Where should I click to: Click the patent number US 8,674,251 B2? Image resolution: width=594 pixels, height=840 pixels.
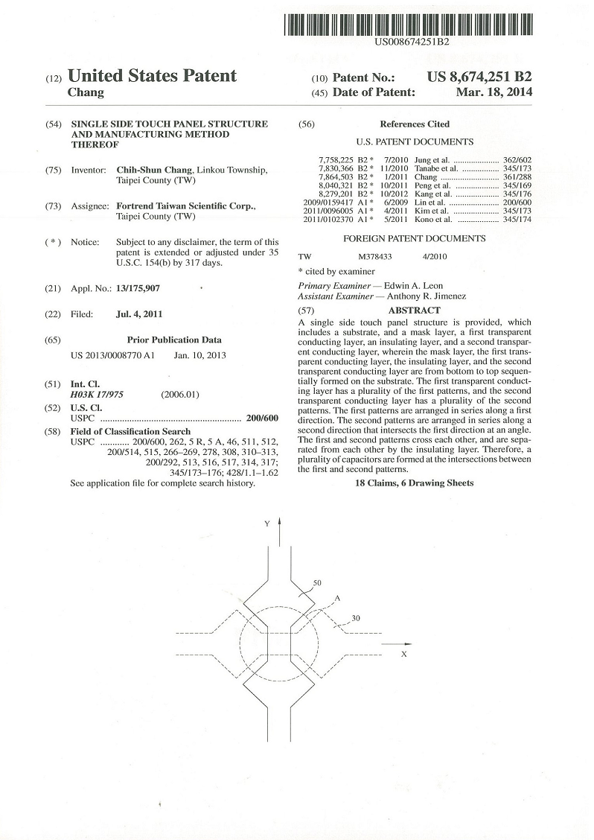click(x=480, y=77)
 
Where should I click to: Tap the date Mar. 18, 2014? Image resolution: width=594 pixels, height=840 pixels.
click(x=494, y=92)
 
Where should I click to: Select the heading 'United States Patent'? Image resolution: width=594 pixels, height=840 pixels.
click(x=152, y=76)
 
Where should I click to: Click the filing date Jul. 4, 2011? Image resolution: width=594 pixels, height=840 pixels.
click(x=139, y=314)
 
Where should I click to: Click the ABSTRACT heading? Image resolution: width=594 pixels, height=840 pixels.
click(x=414, y=310)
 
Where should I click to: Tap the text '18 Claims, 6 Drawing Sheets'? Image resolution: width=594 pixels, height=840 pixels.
click(x=414, y=483)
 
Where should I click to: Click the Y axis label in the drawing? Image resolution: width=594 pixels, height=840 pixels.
click(x=266, y=524)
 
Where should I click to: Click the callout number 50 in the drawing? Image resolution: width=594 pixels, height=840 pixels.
click(x=318, y=583)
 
